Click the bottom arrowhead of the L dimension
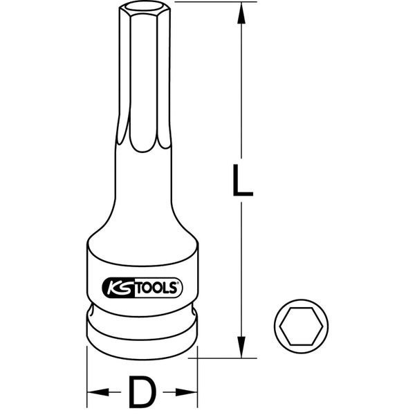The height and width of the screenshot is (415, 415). tap(241, 346)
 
